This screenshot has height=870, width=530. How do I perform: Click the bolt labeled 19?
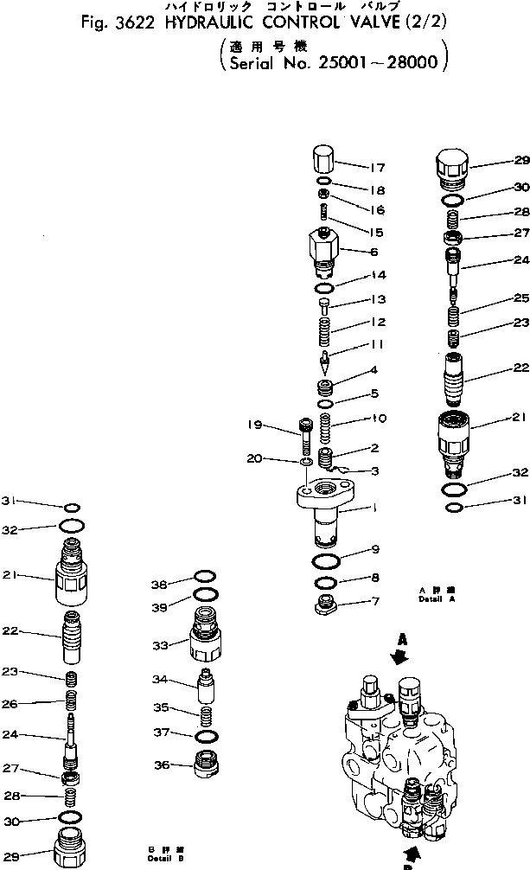tap(306, 437)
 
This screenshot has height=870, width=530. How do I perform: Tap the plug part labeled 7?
tap(329, 605)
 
